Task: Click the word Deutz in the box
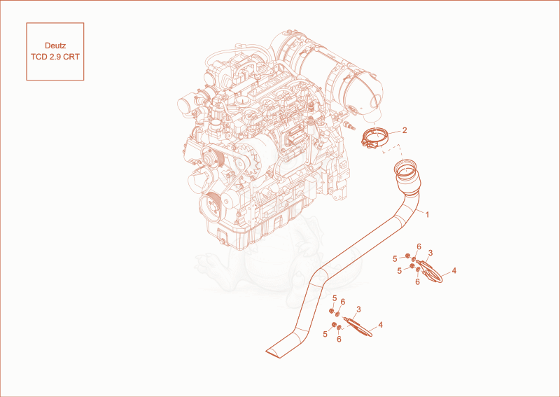55,46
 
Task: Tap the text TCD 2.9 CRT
55,57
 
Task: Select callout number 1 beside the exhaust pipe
427,214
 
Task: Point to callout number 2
405,130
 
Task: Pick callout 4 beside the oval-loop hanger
454,270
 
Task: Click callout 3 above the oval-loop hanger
430,253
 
